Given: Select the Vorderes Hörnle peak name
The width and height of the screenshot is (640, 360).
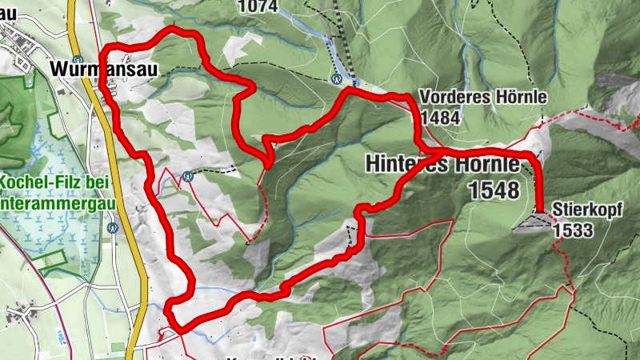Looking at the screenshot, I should (482, 97).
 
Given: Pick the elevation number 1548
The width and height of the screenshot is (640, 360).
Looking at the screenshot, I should (495, 190).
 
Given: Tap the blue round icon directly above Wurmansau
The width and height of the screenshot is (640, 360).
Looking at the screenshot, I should (78, 59).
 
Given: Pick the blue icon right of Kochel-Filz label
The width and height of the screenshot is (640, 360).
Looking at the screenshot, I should (187, 177).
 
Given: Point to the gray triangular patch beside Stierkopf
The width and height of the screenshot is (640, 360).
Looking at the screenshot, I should (530, 223).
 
